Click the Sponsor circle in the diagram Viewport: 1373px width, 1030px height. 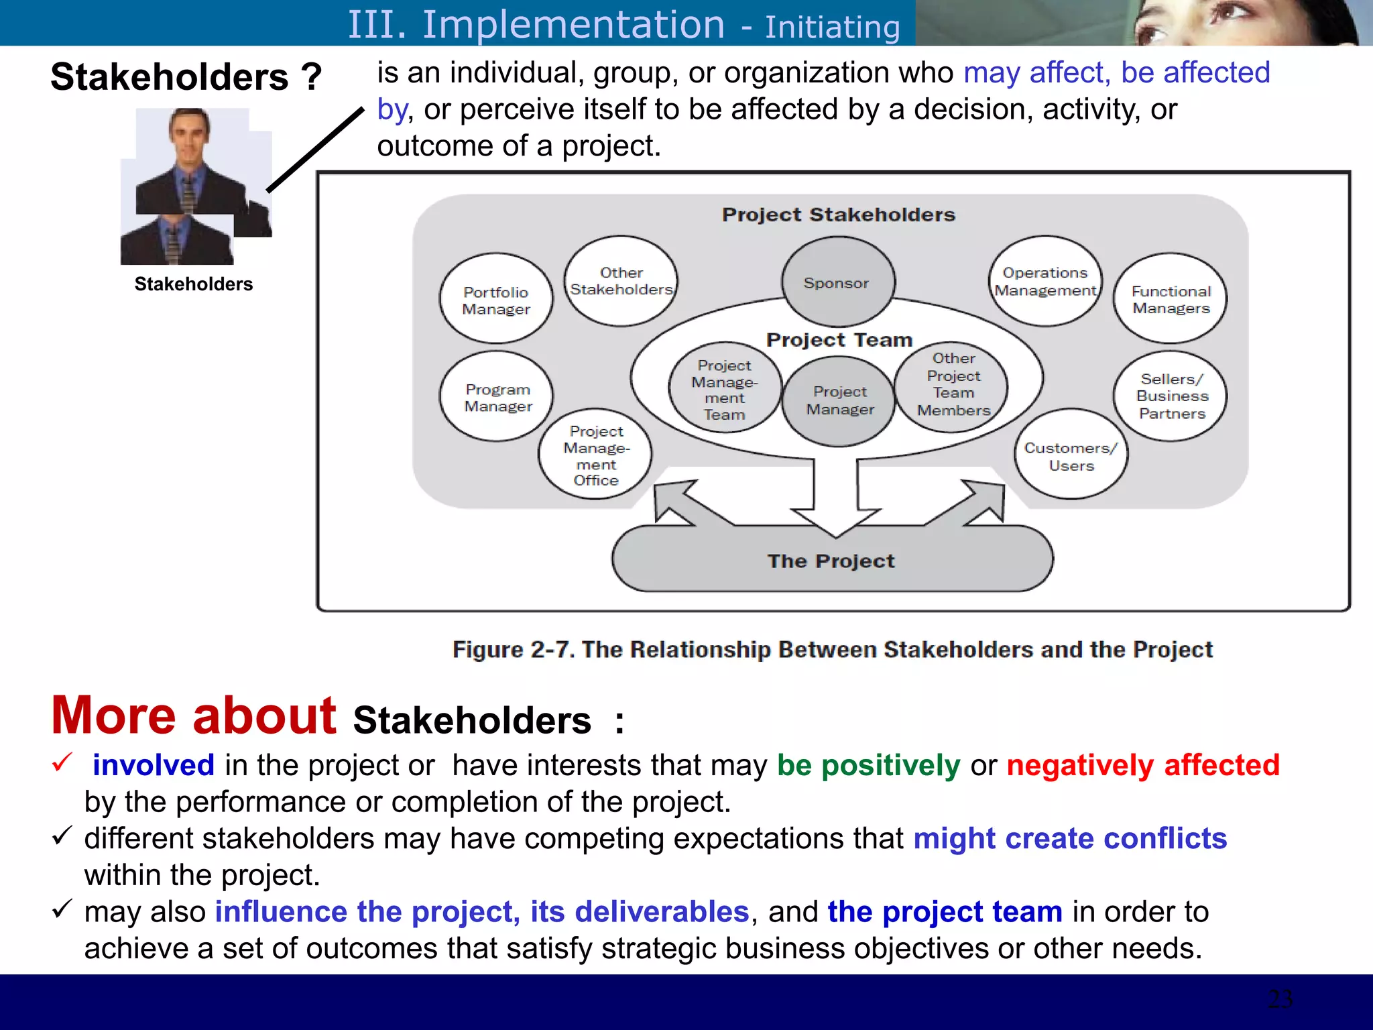pyautogui.click(x=837, y=282)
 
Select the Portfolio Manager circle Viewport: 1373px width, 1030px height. pyautogui.click(x=496, y=299)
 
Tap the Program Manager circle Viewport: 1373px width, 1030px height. pyautogui.click(x=497, y=397)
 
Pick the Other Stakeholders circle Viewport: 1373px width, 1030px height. pyautogui.click(x=621, y=281)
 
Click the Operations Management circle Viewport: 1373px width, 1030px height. pyautogui.click(x=1045, y=281)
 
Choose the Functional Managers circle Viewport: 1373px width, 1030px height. pyautogui.click(x=1171, y=299)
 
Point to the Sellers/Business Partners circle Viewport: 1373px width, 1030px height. pyautogui.click(x=1171, y=396)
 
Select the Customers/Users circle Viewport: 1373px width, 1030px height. pyautogui.click(x=1071, y=455)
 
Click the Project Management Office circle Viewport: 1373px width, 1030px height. pyautogui.click(x=595, y=455)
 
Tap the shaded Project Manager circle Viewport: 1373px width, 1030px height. pyautogui.click(x=839, y=401)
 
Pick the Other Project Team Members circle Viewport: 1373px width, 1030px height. pyautogui.click(x=953, y=384)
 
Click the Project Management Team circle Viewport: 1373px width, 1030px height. pyautogui.click(x=725, y=390)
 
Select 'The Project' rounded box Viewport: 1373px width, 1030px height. pyautogui.click(x=831, y=561)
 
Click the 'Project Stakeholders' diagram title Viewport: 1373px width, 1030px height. pyautogui.click(x=838, y=215)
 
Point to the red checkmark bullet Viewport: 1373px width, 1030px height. pyautogui.click(x=62, y=762)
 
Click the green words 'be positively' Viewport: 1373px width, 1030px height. pyautogui.click(x=868, y=765)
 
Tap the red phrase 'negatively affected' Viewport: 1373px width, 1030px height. pyautogui.click(x=1142, y=765)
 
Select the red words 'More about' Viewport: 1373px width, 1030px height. pyautogui.click(x=194, y=716)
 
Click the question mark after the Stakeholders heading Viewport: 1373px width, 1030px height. pyautogui.click(x=311, y=76)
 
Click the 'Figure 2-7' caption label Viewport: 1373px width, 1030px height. pyautogui.click(x=513, y=649)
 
